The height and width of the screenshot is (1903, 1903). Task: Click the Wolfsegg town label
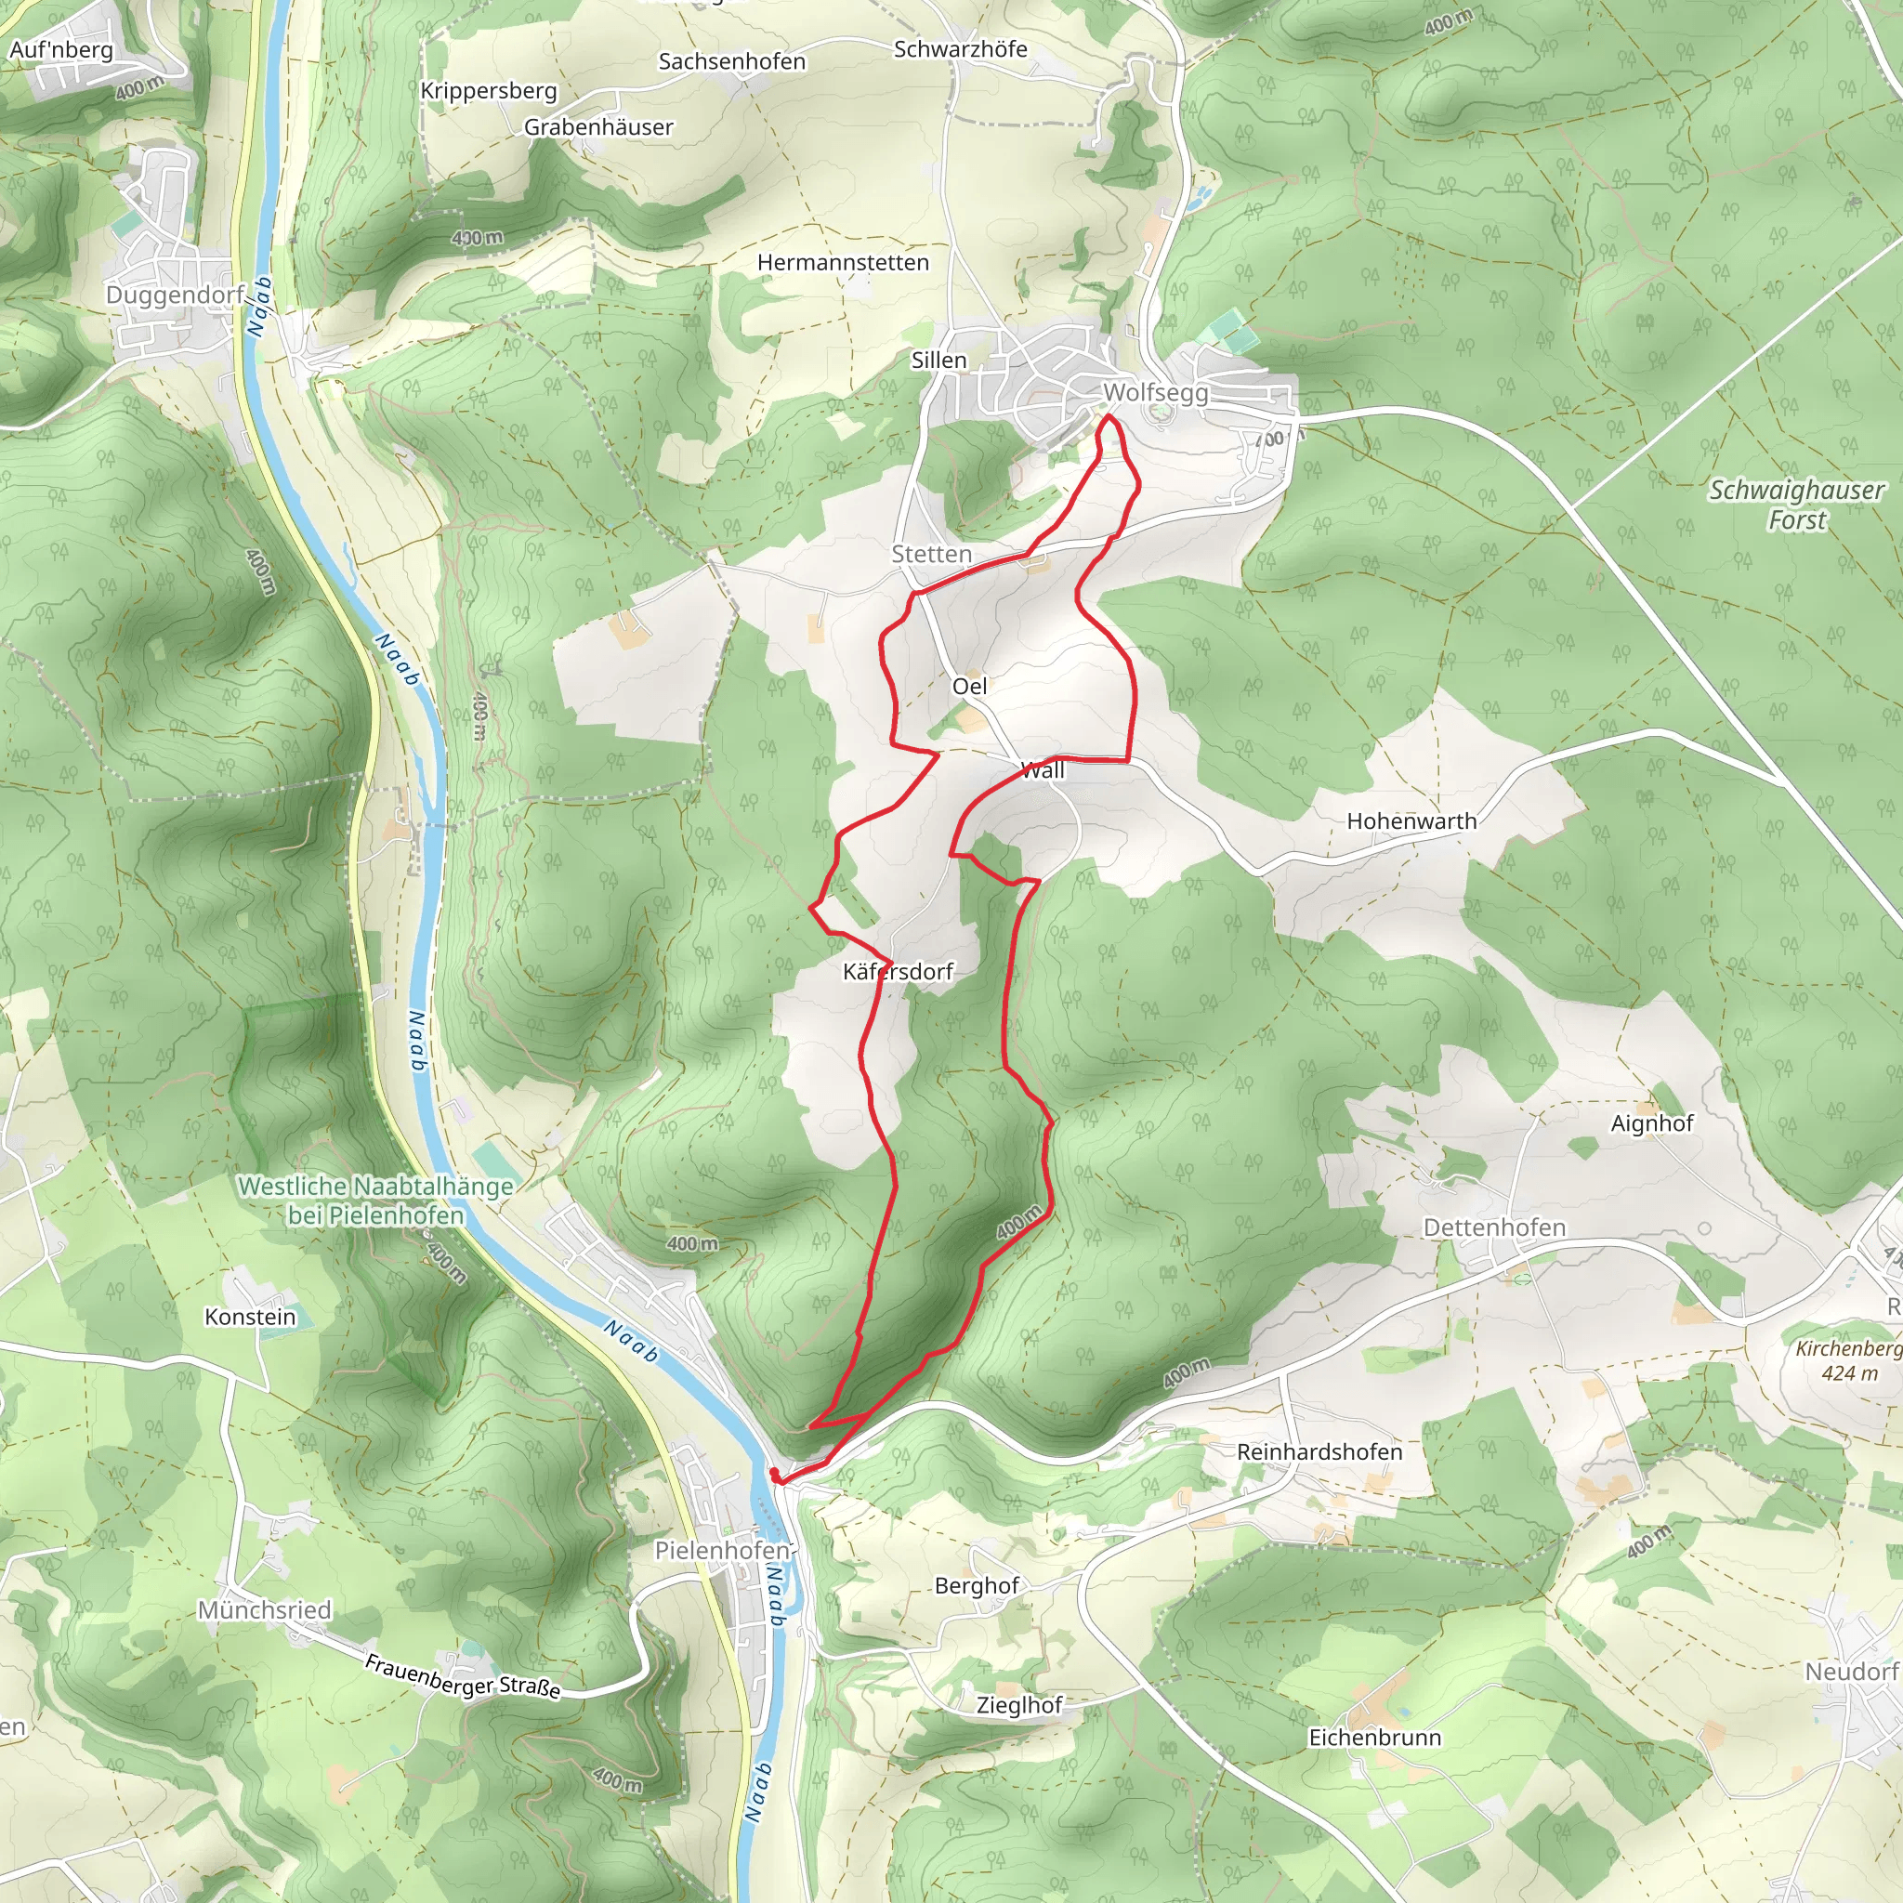coord(1154,393)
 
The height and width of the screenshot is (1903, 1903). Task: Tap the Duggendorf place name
coord(176,295)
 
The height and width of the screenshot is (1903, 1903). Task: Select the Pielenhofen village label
coord(722,1551)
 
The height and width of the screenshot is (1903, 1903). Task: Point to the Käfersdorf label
coord(898,972)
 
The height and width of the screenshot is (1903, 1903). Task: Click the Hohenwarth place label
coord(1411,821)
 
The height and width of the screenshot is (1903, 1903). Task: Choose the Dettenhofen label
coord(1493,1228)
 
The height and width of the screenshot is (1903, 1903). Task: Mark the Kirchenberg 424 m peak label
coord(1848,1360)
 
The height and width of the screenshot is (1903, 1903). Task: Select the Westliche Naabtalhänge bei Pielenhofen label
coord(375,1201)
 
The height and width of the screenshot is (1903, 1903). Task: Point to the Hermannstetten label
coord(842,263)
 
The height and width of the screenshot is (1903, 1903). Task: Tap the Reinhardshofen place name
coord(1319,1452)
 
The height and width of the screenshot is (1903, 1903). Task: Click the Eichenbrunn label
coord(1374,1738)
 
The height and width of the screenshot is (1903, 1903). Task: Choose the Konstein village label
coord(249,1317)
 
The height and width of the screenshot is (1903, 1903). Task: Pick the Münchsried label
coord(264,1610)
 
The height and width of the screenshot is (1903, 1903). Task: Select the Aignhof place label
coord(1652,1124)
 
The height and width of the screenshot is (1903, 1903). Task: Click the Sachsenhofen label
coord(731,62)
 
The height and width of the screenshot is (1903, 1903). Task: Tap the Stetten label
coord(931,555)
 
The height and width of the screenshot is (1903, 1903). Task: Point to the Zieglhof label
coord(1018,1705)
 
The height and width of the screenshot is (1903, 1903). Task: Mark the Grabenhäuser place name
coord(597,127)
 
